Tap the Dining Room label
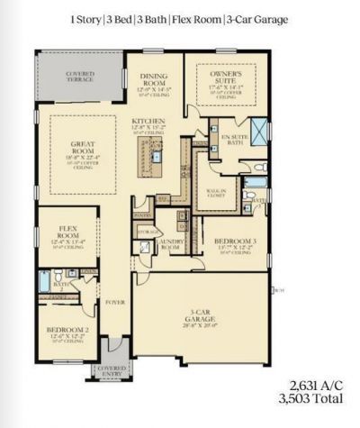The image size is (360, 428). click(x=152, y=83)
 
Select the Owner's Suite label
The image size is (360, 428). click(x=222, y=77)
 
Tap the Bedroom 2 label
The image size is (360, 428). click(x=67, y=331)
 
